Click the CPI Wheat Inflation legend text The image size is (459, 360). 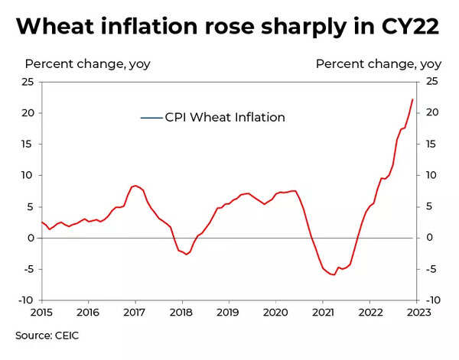click(x=225, y=117)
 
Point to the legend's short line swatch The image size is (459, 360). click(x=151, y=118)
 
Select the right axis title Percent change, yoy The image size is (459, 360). click(x=379, y=63)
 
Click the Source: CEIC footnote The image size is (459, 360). click(x=47, y=335)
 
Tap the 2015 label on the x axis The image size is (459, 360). click(x=41, y=312)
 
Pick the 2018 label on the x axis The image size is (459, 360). click(x=181, y=312)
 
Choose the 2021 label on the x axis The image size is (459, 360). click(x=322, y=312)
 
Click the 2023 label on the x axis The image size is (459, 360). click(x=415, y=312)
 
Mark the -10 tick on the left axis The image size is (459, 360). click(x=25, y=300)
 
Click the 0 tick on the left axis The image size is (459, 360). click(x=31, y=238)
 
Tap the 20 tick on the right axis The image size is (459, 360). click(x=432, y=113)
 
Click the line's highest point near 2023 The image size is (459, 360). click(x=413, y=99)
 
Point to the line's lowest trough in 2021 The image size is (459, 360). click(x=334, y=274)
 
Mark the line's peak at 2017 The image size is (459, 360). click(x=135, y=186)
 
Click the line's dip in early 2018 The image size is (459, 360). click(x=187, y=254)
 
